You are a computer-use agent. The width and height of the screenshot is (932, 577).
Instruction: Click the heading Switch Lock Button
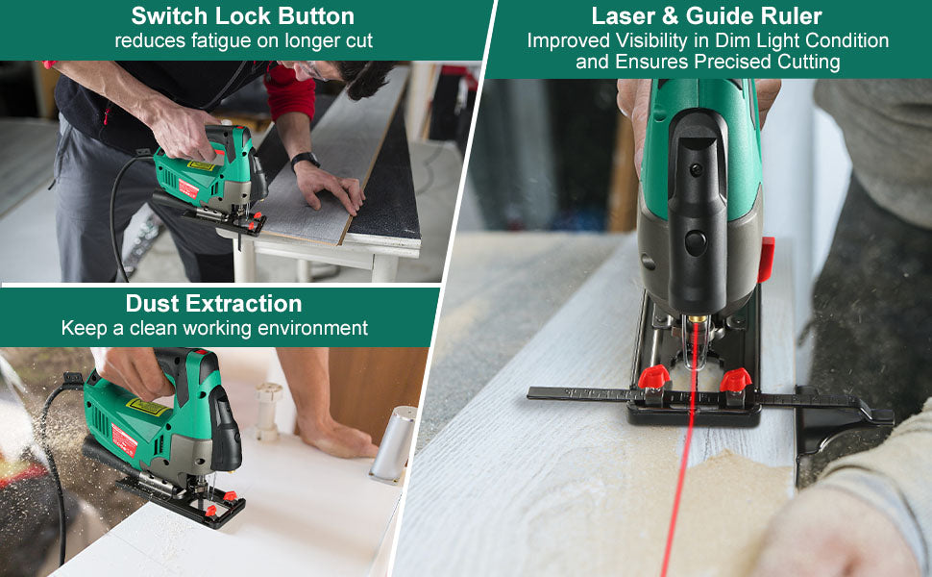(242, 16)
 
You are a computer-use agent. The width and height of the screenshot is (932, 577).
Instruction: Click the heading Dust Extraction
(213, 303)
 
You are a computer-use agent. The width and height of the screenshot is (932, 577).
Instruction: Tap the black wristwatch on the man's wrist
(305, 160)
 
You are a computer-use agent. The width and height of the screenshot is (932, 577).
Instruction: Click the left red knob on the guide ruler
(653, 377)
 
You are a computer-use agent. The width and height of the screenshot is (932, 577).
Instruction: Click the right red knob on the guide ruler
(736, 380)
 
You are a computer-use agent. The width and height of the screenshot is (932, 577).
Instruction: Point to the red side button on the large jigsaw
(766, 260)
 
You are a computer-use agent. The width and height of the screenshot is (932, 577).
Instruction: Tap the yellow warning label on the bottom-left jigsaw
(146, 408)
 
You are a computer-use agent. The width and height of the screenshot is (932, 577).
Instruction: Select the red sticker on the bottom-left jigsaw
(124, 439)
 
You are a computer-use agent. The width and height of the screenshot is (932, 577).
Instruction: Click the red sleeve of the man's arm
(291, 91)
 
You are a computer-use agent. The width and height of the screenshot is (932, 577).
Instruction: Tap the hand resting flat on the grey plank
(329, 187)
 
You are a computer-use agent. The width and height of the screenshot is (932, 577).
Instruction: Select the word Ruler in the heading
(793, 16)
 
